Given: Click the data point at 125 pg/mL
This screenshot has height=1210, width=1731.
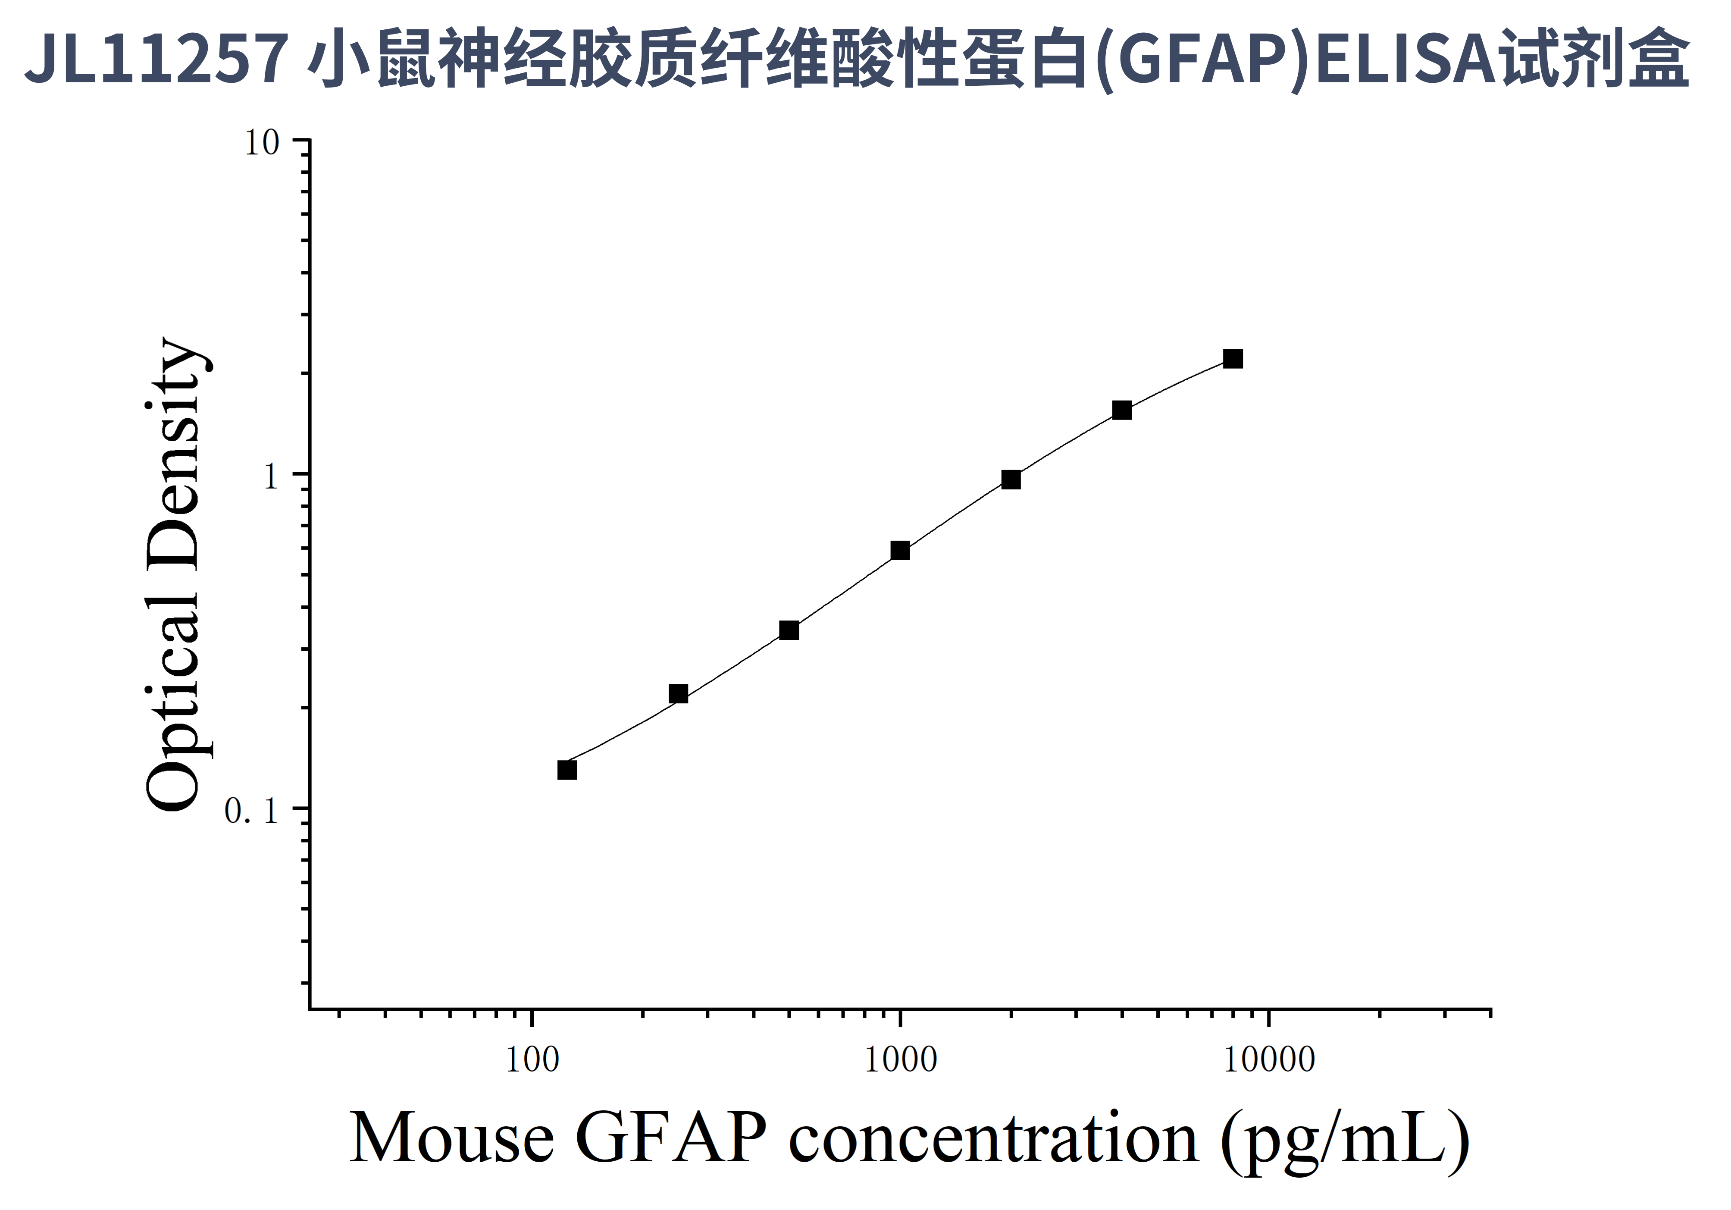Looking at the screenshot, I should point(567,770).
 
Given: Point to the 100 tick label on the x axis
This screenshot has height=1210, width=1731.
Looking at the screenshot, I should point(532,1060).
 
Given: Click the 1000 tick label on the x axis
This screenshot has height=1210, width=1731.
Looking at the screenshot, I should point(900,1060).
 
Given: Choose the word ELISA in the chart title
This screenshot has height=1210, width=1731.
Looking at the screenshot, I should point(1405,59).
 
